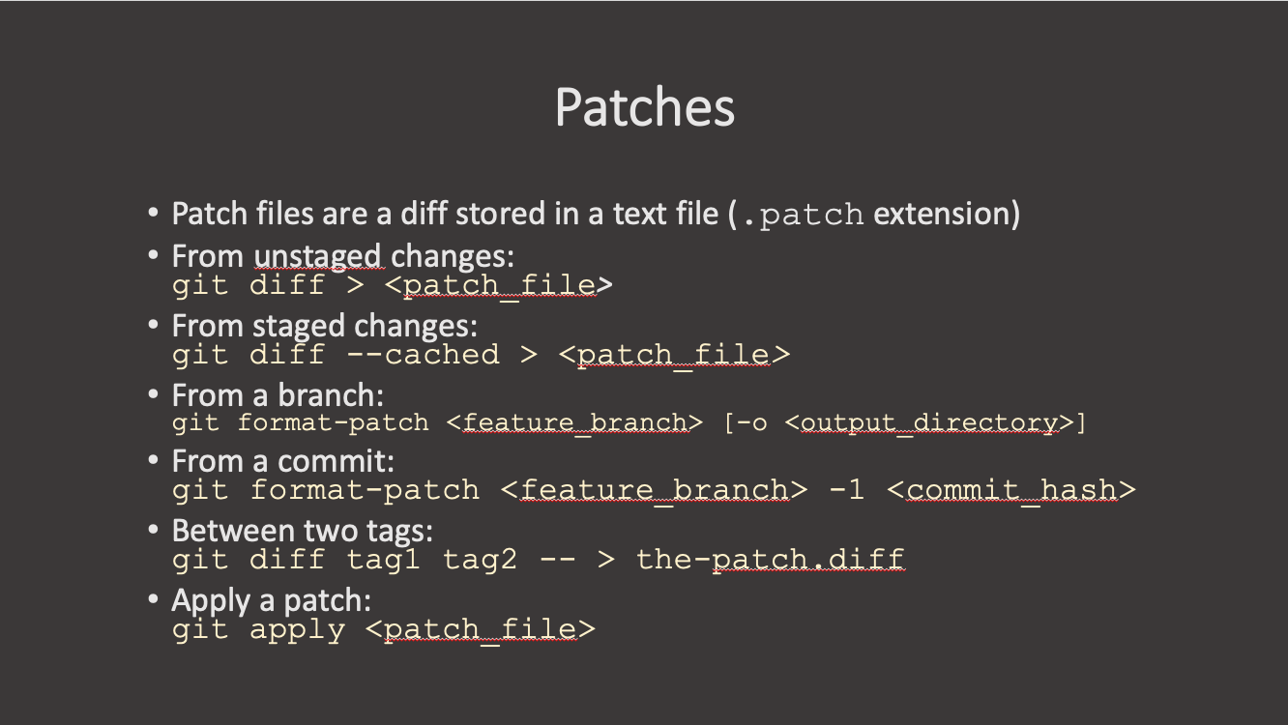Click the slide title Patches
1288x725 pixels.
pyautogui.click(x=645, y=107)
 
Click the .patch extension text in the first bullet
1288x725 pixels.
pyautogui.click(x=801, y=214)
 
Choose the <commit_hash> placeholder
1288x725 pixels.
pyautogui.click(x=1010, y=490)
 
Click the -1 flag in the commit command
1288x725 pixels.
pyautogui.click(x=847, y=490)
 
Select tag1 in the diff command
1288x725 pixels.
pyautogui.click(x=384, y=560)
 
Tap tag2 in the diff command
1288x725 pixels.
pyautogui.click(x=481, y=560)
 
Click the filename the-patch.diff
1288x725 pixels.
pyautogui.click(x=770, y=560)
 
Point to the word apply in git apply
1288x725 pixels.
pyautogui.click(x=297, y=630)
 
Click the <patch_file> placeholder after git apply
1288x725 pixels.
pyautogui.click(x=481, y=630)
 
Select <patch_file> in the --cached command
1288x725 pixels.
pyautogui.click(x=674, y=355)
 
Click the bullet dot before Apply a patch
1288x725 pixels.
pyautogui.click(x=153, y=600)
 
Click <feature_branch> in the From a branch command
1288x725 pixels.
pyautogui.click(x=574, y=423)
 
